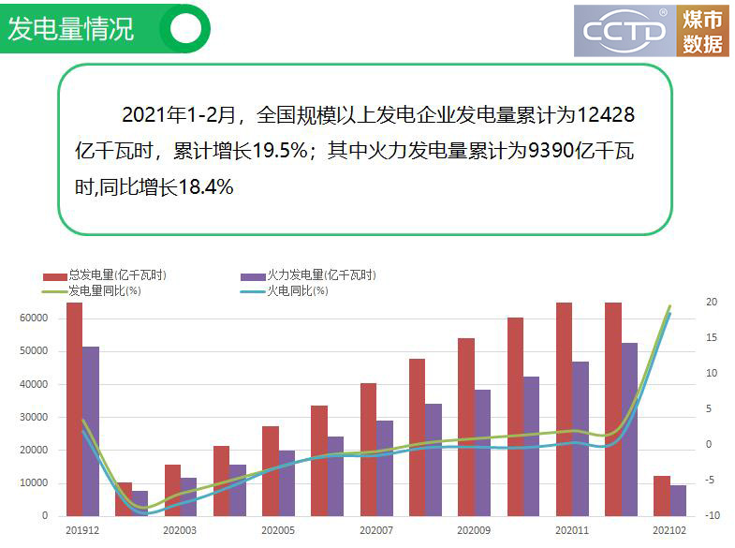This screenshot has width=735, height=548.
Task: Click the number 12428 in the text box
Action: click(x=606, y=116)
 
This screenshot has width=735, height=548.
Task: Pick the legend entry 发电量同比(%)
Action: click(x=104, y=291)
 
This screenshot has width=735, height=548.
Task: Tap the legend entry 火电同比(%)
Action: click(x=297, y=291)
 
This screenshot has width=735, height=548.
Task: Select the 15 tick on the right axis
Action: click(x=712, y=338)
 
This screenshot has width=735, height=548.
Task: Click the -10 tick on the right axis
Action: click(x=712, y=515)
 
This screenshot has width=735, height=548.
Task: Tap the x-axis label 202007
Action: click(x=375, y=531)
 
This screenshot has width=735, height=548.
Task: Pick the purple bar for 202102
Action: click(x=678, y=500)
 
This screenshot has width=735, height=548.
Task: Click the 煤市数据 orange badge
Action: click(x=703, y=31)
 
